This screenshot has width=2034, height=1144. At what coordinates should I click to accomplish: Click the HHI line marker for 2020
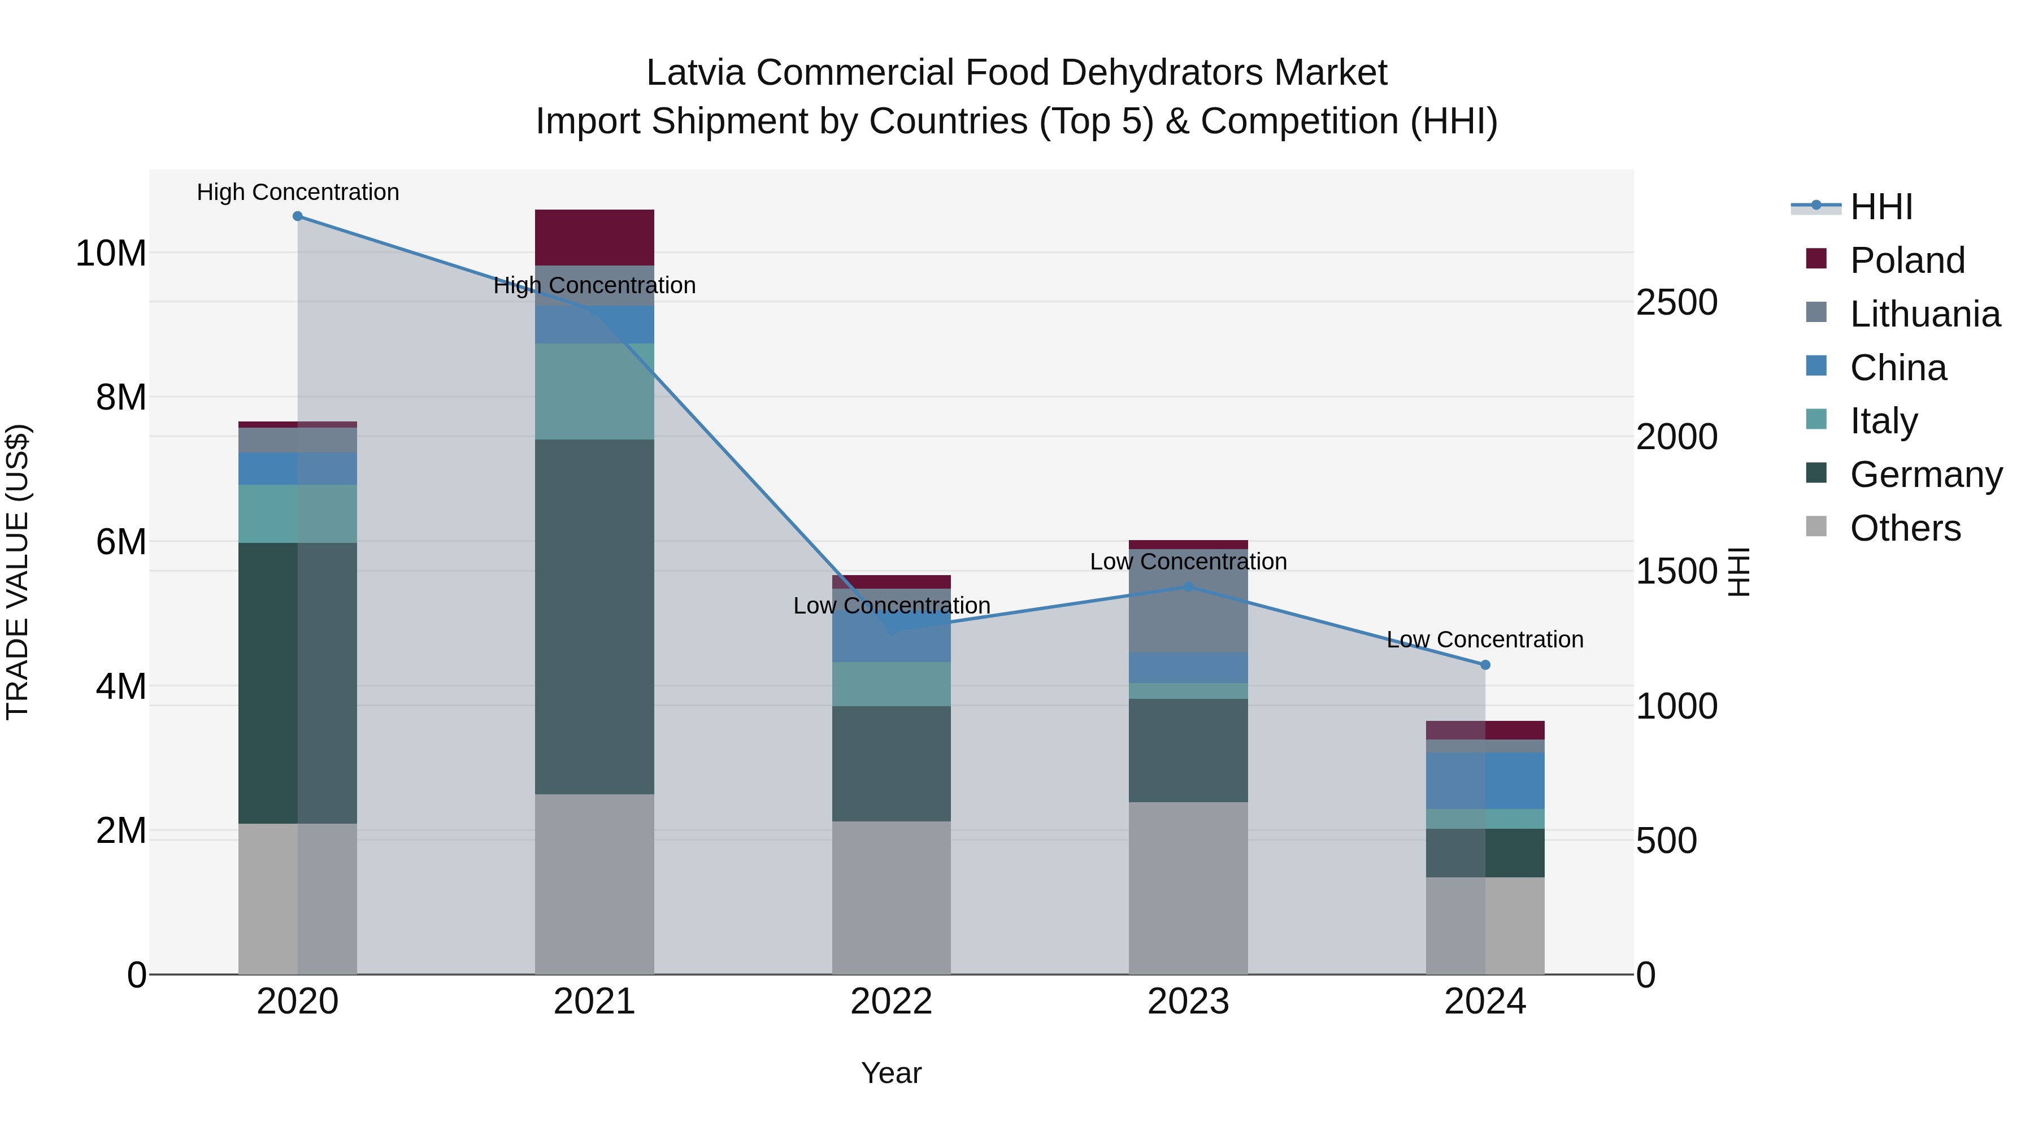[298, 216]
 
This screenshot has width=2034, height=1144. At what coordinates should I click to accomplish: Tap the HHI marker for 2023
[1188, 586]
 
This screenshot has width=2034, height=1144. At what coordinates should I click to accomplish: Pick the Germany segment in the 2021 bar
[594, 616]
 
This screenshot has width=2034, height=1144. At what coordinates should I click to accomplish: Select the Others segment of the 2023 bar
[1188, 888]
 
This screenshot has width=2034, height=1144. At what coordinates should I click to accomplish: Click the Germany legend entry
[1925, 475]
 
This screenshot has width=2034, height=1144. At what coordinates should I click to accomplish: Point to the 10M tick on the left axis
[111, 254]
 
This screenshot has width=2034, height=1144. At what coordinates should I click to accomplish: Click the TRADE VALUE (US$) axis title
[18, 572]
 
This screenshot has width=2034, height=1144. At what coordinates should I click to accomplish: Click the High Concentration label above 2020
[298, 192]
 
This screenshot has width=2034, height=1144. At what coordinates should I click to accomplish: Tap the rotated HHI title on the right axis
[1739, 572]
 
